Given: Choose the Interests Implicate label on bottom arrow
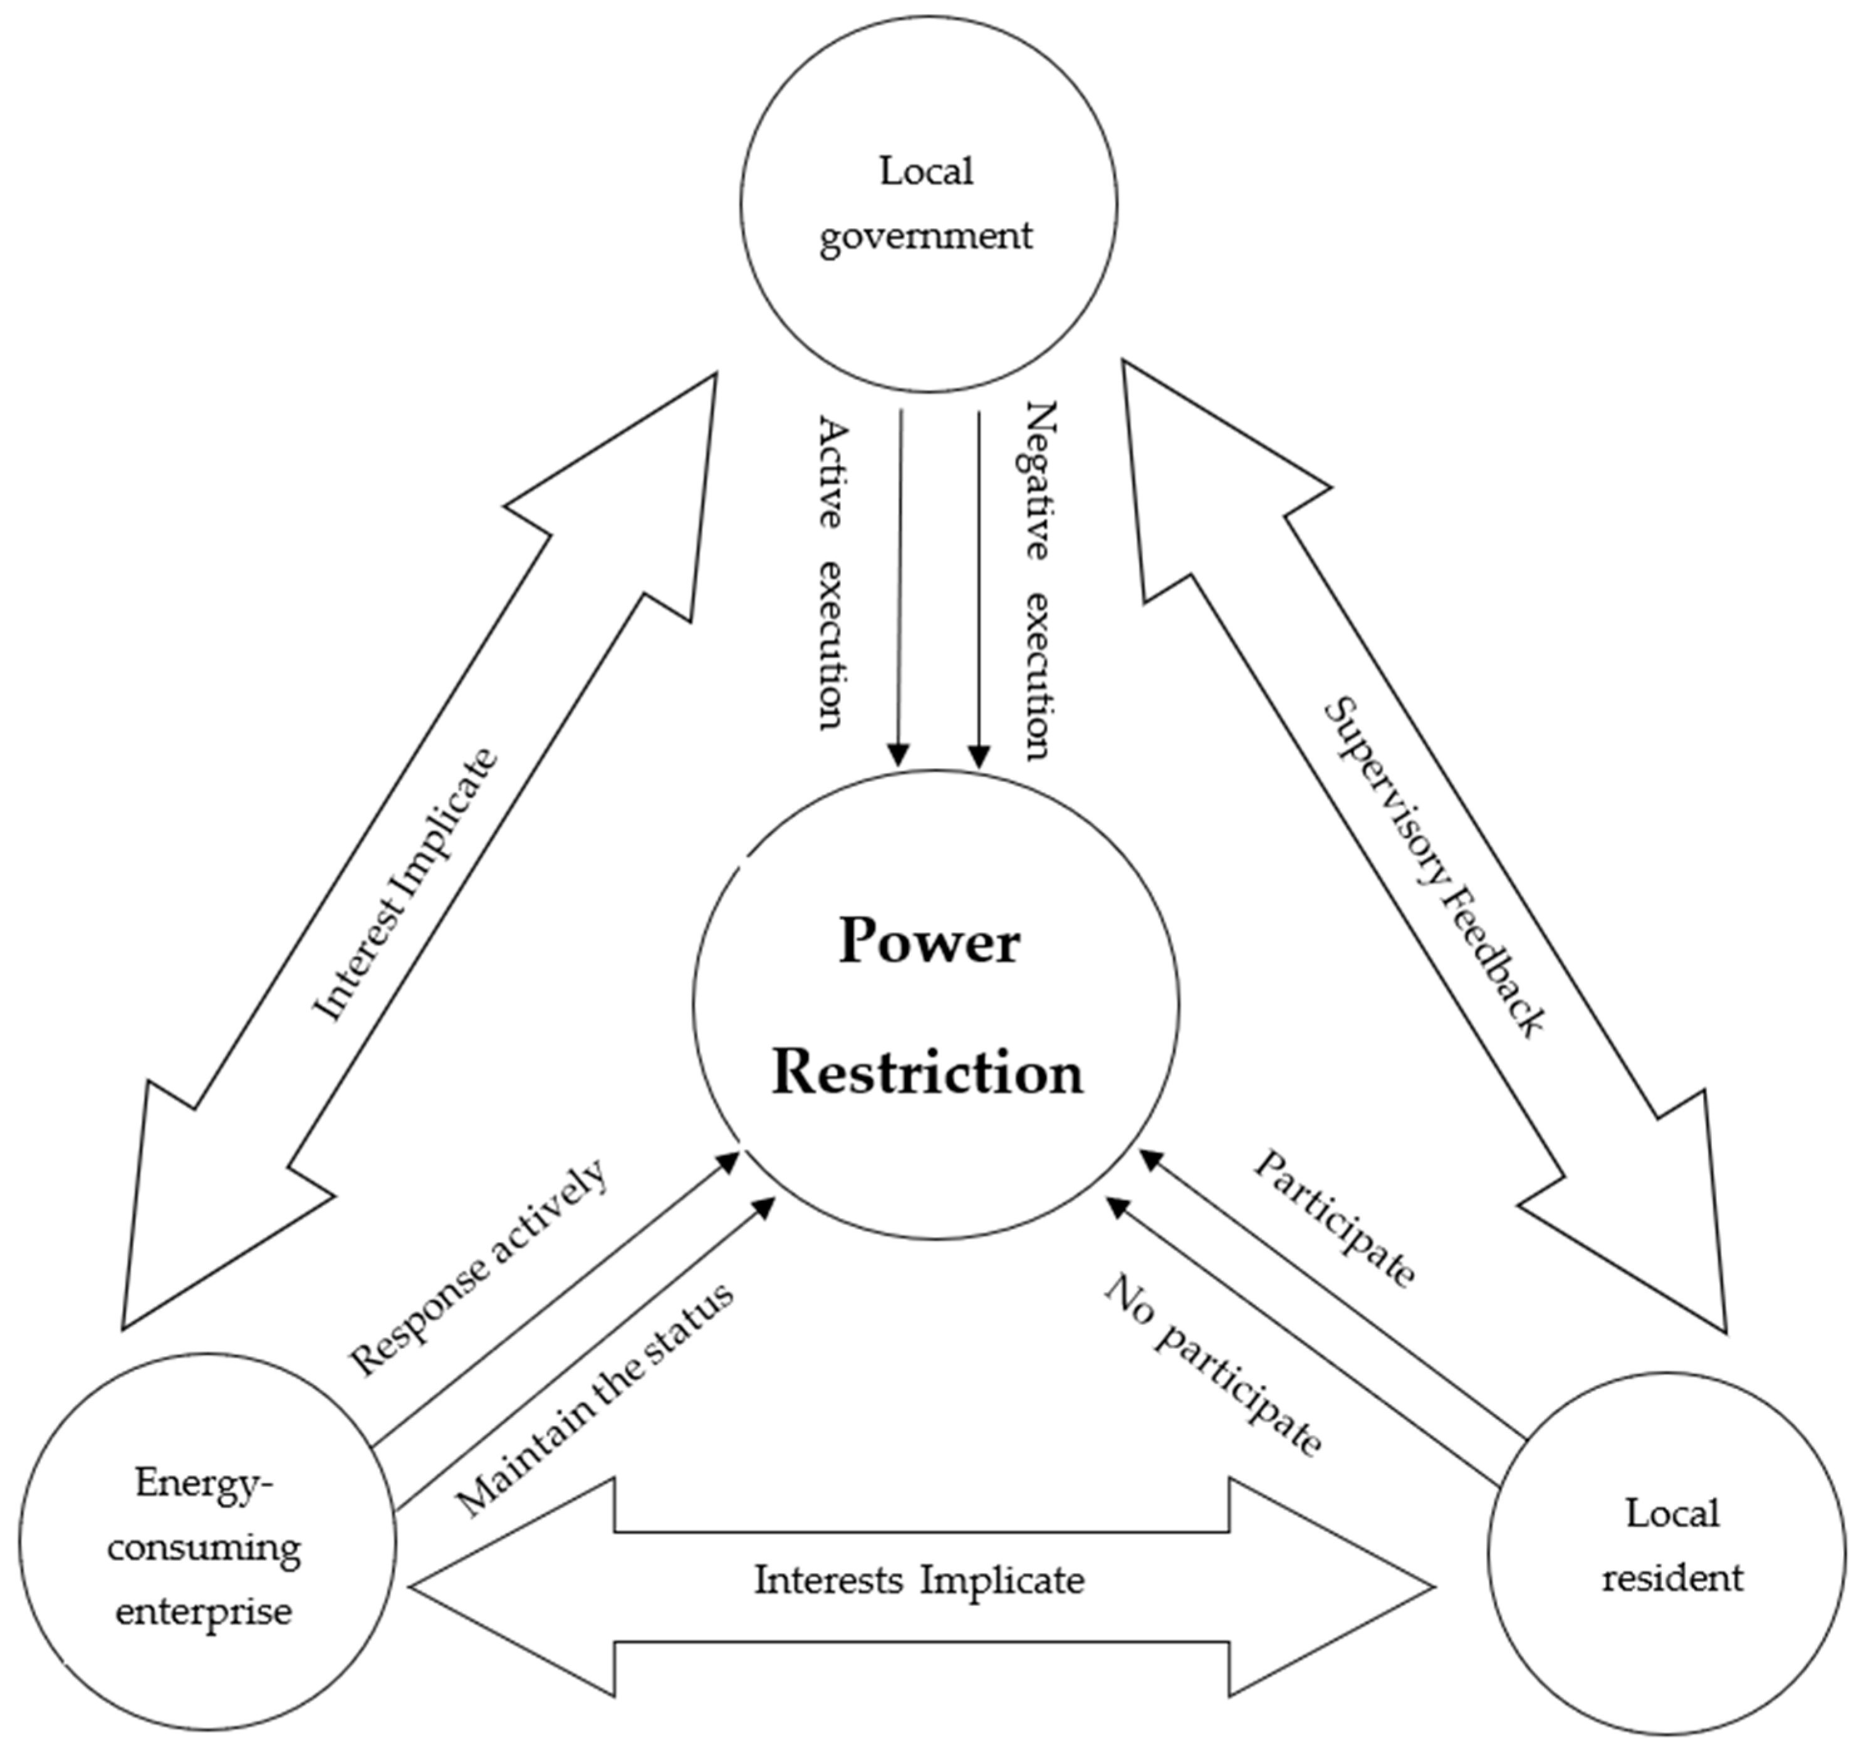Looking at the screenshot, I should pos(919,1581).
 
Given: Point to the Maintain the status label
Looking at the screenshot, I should pos(595,1399).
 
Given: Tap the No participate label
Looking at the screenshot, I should pos(1213,1366).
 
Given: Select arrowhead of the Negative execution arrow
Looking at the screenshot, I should pos(978,756).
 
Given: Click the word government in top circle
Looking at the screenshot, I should pos(927,236).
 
